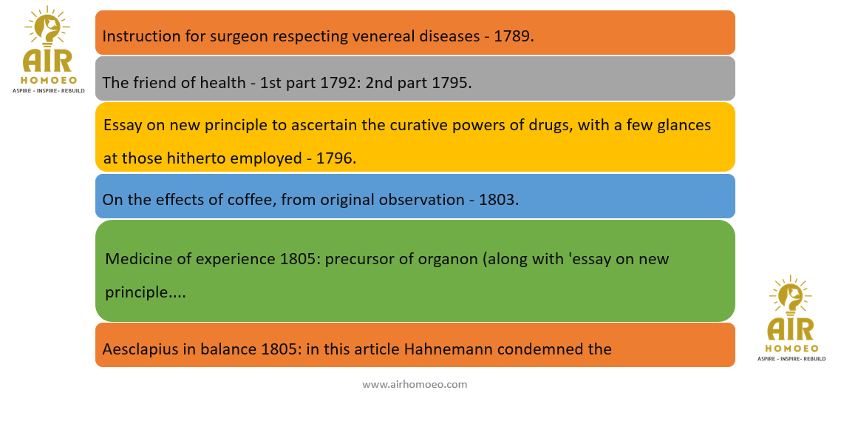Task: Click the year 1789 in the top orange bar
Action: point(511,36)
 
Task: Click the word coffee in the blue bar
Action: point(252,200)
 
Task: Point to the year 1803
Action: point(497,200)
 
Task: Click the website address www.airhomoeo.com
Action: point(415,384)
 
